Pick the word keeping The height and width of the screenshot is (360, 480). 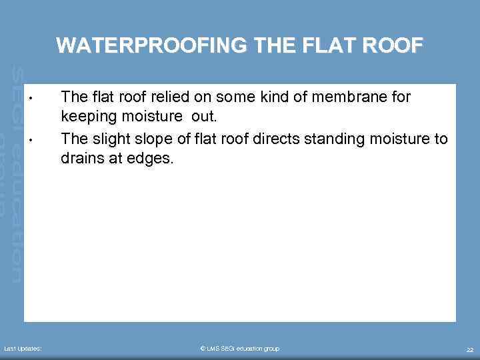coord(86,118)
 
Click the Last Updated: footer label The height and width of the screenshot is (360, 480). coord(23,349)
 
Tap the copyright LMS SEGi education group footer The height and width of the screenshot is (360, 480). coord(240,349)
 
